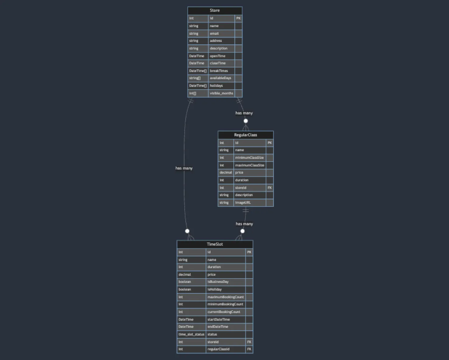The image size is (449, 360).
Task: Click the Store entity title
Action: (215, 11)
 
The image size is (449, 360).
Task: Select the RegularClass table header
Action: (245, 135)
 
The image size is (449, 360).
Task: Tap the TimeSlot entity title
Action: (215, 244)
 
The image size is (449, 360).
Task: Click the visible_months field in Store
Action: (221, 93)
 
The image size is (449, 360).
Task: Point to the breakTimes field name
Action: (219, 71)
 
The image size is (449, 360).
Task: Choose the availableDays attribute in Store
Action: (220, 78)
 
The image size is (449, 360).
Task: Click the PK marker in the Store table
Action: (238, 18)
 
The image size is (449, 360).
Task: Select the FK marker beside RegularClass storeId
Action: (270, 188)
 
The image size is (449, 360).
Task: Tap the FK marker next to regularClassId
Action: (249, 349)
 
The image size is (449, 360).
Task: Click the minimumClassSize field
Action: (249, 158)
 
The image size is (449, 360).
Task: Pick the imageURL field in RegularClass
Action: (243, 203)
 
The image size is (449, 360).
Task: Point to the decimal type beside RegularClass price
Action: (226, 173)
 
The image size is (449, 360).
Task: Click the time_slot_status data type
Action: (191, 334)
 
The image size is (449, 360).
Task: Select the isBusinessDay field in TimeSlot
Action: (218, 282)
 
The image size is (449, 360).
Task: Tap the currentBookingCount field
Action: (224, 312)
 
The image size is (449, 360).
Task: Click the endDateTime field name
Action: (218, 327)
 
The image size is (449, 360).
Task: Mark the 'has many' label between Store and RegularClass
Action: (244, 113)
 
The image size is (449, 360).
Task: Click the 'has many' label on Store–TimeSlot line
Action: (184, 168)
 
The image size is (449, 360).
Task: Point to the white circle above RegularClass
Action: (246, 121)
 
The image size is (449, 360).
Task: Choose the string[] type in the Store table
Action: (195, 78)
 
